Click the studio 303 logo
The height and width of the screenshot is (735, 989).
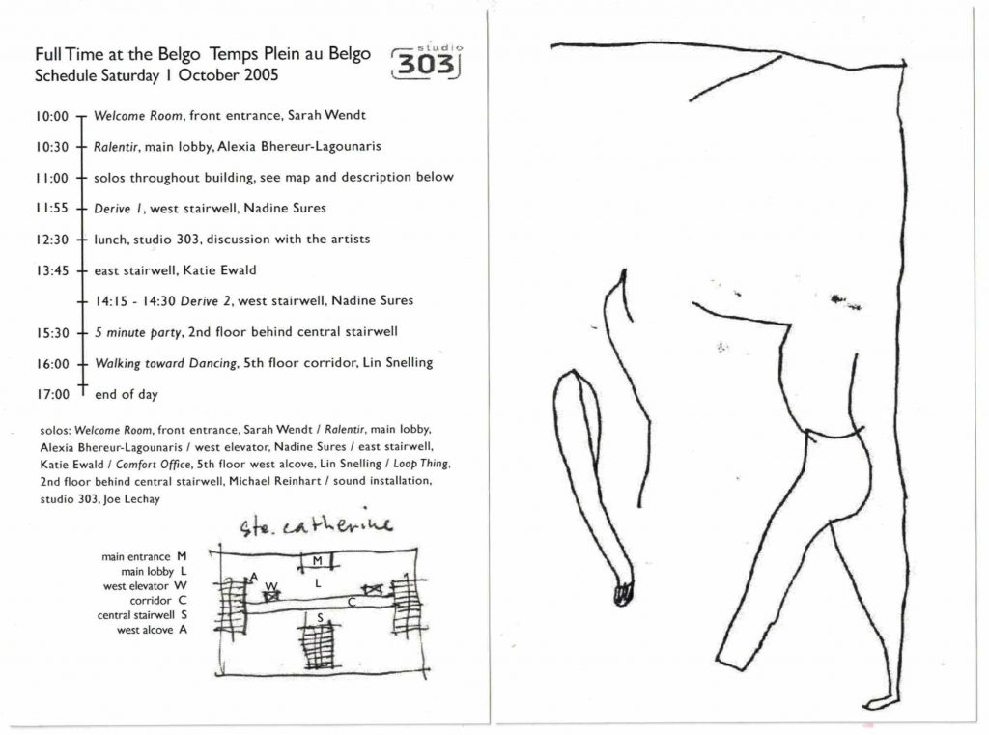(x=426, y=61)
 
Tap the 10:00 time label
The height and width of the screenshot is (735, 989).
(x=52, y=116)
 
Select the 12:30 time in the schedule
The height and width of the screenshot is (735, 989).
(x=52, y=240)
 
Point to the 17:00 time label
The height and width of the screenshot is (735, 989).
(x=53, y=395)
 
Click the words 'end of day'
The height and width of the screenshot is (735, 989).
(x=127, y=394)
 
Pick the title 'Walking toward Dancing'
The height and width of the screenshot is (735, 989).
(x=166, y=363)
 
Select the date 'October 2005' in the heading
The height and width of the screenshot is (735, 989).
(x=228, y=75)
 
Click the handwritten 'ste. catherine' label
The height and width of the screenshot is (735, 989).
(x=316, y=523)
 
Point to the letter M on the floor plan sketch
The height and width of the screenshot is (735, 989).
(x=317, y=560)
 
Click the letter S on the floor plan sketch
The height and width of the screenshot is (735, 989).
(x=320, y=618)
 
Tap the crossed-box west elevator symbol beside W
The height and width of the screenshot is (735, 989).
(x=271, y=594)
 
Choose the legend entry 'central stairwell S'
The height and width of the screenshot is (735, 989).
(x=142, y=615)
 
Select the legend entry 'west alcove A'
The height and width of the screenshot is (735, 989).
(x=152, y=630)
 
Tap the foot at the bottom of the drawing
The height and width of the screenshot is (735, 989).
(x=880, y=701)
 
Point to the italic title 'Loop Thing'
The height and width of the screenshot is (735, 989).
(x=421, y=464)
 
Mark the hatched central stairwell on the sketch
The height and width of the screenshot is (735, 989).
(x=319, y=643)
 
